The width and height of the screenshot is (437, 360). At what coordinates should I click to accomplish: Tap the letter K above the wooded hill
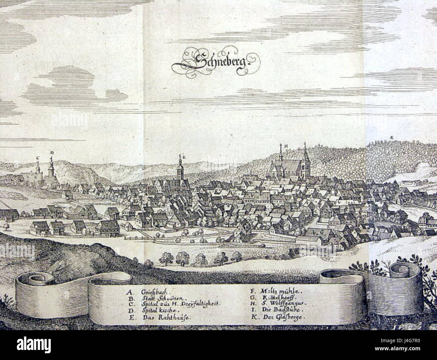(392, 137)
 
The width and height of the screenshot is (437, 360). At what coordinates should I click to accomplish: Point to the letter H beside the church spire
(285, 146)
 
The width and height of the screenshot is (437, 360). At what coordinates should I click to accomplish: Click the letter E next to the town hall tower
(184, 156)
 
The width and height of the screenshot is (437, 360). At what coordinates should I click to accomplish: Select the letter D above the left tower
(51, 153)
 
